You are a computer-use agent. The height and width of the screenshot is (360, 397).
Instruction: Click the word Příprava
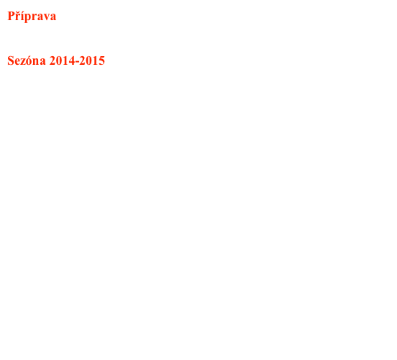32,17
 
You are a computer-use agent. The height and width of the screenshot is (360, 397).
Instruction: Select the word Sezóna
27,60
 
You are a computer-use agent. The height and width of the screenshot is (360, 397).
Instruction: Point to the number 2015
93,61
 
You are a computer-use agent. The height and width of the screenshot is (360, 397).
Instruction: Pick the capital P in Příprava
11,16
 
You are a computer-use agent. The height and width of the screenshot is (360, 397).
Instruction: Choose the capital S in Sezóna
11,61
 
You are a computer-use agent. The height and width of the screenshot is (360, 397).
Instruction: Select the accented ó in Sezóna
28,61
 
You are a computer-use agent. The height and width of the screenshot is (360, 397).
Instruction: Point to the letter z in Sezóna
22,63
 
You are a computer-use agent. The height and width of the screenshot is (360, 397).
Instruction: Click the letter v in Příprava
47,17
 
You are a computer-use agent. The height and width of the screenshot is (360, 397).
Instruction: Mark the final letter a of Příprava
53,17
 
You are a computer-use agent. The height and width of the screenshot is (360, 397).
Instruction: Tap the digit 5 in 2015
102,61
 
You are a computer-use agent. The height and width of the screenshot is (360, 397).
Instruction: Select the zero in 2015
89,61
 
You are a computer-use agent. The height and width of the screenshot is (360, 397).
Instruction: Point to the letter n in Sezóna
35,63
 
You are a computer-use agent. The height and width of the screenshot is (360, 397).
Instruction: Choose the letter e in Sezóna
17,63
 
